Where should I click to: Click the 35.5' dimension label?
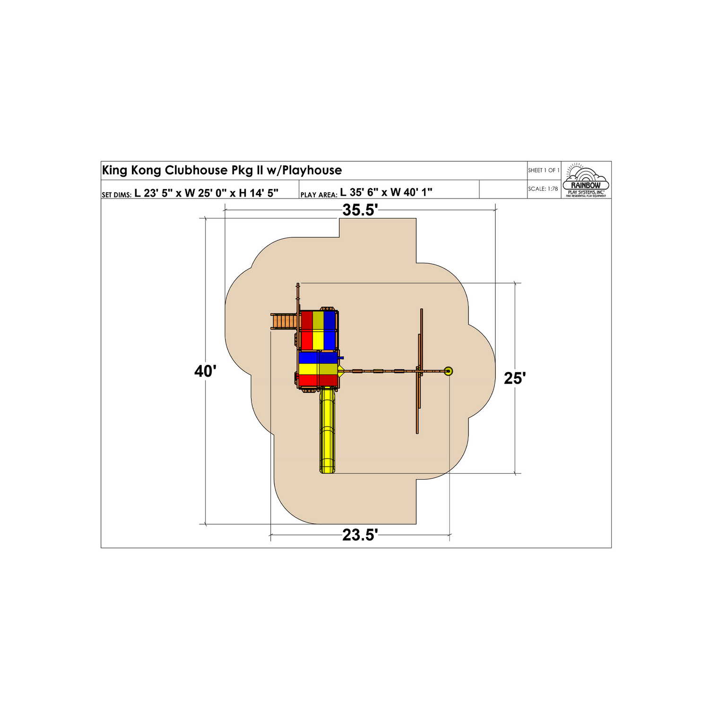(x=360, y=210)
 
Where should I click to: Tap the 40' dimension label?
(x=205, y=372)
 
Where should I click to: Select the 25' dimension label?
(x=515, y=378)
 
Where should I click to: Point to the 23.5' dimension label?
(x=360, y=535)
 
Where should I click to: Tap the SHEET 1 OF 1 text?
(x=544, y=170)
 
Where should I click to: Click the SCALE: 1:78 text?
(x=543, y=189)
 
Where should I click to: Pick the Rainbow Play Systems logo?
(x=586, y=181)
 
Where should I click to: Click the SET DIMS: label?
(x=116, y=195)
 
